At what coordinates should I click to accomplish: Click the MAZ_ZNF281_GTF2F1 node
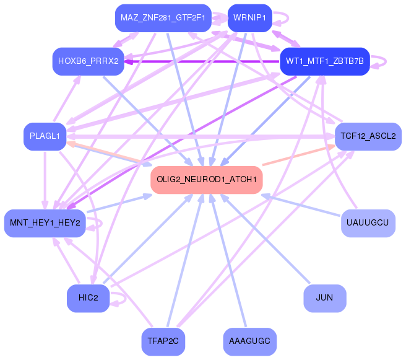pyautogui.click(x=163, y=18)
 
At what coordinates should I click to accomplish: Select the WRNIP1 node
pyautogui.click(x=250, y=18)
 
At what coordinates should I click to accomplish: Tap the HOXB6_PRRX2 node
pyautogui.click(x=89, y=61)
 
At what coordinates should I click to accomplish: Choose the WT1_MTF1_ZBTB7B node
pyautogui.click(x=325, y=61)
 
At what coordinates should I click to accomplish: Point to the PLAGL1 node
pyautogui.click(x=45, y=136)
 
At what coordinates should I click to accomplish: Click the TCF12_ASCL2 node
pyautogui.click(x=368, y=136)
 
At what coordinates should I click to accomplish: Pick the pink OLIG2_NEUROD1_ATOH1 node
pyautogui.click(x=207, y=180)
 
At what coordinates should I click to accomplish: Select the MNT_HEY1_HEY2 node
pyautogui.click(x=45, y=223)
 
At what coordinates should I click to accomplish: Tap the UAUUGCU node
pyautogui.click(x=368, y=223)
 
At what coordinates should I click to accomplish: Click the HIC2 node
pyautogui.click(x=89, y=298)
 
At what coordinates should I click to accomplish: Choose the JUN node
pyautogui.click(x=325, y=298)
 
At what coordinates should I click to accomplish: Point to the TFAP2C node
pyautogui.click(x=163, y=341)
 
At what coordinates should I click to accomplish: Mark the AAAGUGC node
pyautogui.click(x=250, y=341)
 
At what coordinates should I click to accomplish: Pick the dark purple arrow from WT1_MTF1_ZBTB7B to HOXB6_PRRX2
pyautogui.click(x=202, y=62)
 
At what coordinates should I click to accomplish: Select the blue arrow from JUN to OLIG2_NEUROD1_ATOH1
pyautogui.click(x=265, y=239)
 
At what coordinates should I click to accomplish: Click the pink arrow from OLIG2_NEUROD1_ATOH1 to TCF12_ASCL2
pyautogui.click(x=298, y=156)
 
